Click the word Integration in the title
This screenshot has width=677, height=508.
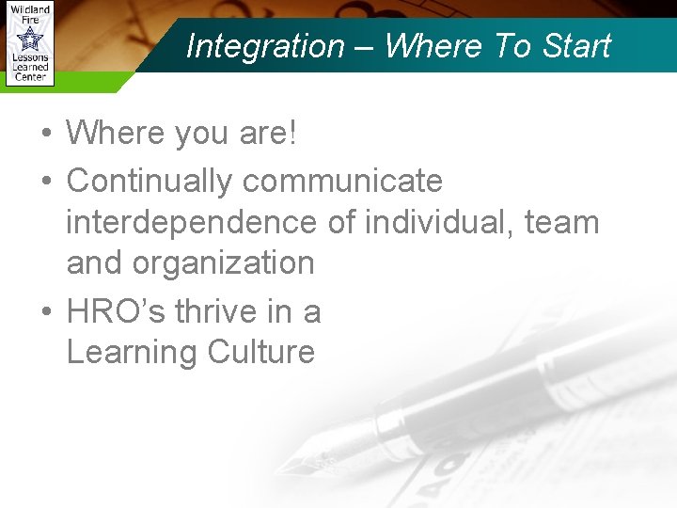click(x=266, y=45)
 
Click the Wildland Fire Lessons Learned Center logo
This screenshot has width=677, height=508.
click(x=29, y=43)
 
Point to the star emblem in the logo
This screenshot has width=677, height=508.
click(x=30, y=40)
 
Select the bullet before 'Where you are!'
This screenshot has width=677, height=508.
click(x=45, y=134)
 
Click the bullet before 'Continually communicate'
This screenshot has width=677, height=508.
click(x=45, y=181)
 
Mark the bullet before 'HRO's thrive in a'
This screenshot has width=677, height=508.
click(x=45, y=312)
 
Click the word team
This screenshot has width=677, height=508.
click(x=561, y=223)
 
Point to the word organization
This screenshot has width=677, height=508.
click(x=224, y=263)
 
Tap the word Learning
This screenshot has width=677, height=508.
click(x=132, y=353)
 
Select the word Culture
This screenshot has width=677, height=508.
click(x=261, y=353)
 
